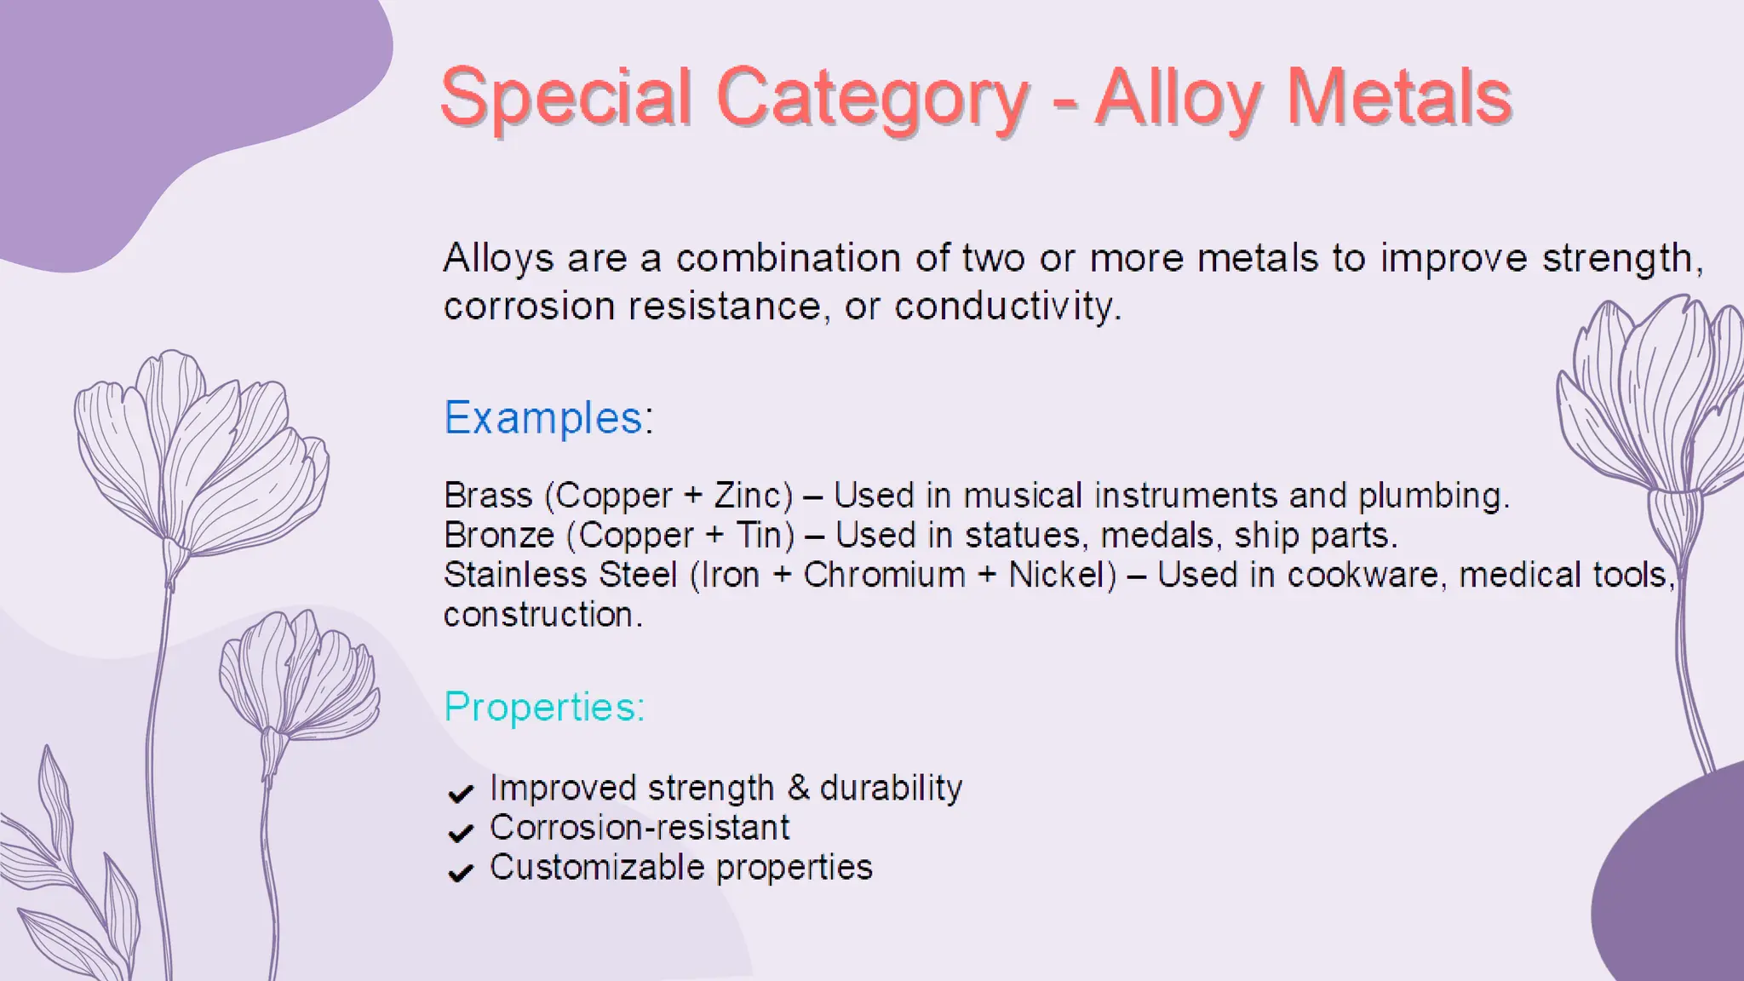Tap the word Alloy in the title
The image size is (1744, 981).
[1178, 99]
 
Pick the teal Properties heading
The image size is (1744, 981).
[544, 707]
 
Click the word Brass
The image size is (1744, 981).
[488, 496]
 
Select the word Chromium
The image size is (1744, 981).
[884, 575]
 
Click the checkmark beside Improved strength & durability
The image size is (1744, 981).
[461, 794]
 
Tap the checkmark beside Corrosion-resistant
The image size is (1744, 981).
[461, 833]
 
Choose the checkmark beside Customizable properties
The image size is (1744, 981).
[461, 873]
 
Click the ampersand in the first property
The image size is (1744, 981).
[798, 788]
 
